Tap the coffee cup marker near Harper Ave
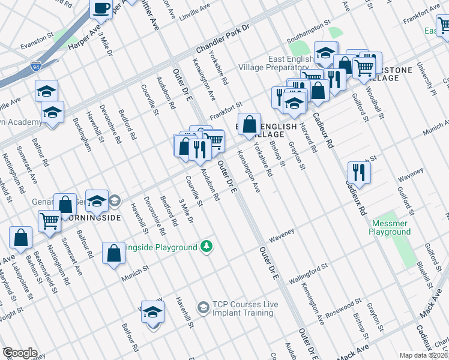101,9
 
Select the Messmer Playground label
389,227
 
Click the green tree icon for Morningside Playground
206,246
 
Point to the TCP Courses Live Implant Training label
246,309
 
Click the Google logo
19,353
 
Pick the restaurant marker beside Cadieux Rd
359,172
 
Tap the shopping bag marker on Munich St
113,253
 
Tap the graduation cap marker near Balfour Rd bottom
153,313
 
